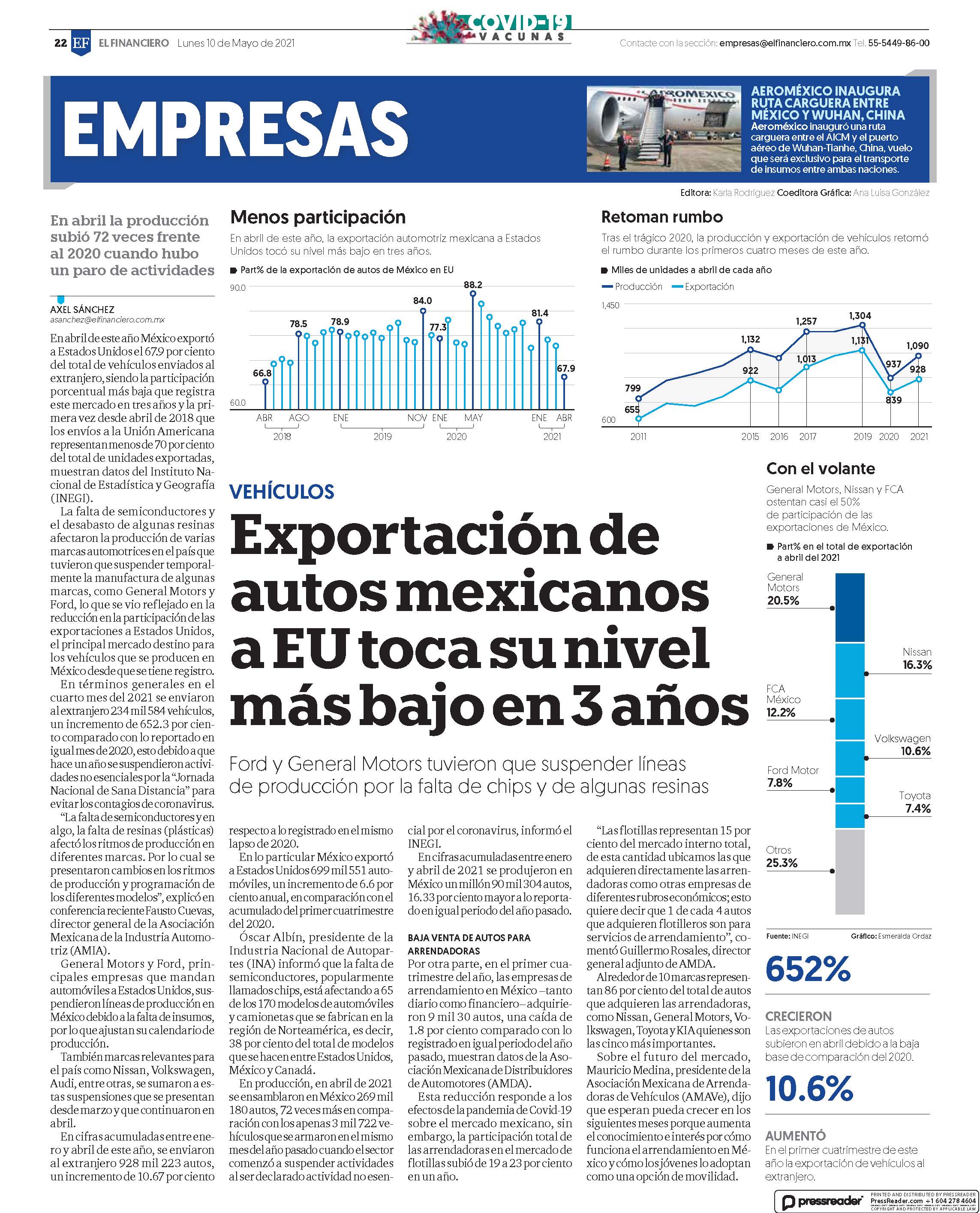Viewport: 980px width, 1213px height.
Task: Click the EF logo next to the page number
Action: point(81,43)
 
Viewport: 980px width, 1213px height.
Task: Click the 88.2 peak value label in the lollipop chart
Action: point(473,285)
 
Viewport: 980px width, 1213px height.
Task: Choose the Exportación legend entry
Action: point(703,287)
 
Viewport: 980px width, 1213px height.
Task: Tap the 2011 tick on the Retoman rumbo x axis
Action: point(638,436)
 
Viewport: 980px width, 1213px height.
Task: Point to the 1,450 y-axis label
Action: point(610,306)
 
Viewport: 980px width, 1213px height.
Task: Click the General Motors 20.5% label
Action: point(785,589)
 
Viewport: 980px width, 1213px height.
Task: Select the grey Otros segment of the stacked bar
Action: point(850,871)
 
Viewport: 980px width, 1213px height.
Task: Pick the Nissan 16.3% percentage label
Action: point(917,665)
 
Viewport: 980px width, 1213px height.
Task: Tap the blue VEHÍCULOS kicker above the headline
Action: point(282,491)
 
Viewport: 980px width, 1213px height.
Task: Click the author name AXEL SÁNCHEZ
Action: point(82,310)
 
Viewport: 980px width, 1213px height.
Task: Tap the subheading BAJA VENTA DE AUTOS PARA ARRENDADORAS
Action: point(469,944)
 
